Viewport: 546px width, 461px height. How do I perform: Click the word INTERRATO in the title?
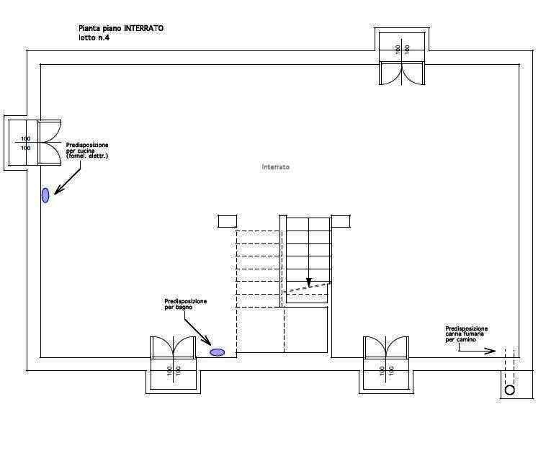tap(143, 28)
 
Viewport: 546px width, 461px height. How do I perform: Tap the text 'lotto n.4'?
tap(94, 37)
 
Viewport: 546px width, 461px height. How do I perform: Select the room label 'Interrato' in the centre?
tap(275, 167)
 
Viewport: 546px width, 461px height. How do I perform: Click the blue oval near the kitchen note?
tap(45, 195)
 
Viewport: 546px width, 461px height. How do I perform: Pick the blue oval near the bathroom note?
tap(218, 352)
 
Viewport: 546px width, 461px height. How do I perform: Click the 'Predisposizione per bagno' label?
tap(186, 304)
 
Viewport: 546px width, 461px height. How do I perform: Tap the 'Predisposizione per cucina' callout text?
tap(87, 151)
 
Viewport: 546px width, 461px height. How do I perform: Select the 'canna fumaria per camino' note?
tap(466, 334)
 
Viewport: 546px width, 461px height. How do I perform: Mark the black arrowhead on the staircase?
tap(308, 282)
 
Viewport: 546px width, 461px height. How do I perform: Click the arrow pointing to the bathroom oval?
tap(197, 331)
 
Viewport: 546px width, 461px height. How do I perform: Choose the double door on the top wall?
tap(402, 73)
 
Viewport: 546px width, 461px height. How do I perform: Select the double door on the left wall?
tap(50, 142)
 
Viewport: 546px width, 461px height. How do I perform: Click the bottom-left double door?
tap(173, 347)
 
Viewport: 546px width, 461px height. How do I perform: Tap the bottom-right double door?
tap(386, 347)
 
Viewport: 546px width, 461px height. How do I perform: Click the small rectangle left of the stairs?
tap(228, 221)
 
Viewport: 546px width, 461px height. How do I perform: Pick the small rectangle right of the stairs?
tap(341, 221)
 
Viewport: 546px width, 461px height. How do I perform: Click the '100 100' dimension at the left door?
tap(25, 143)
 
